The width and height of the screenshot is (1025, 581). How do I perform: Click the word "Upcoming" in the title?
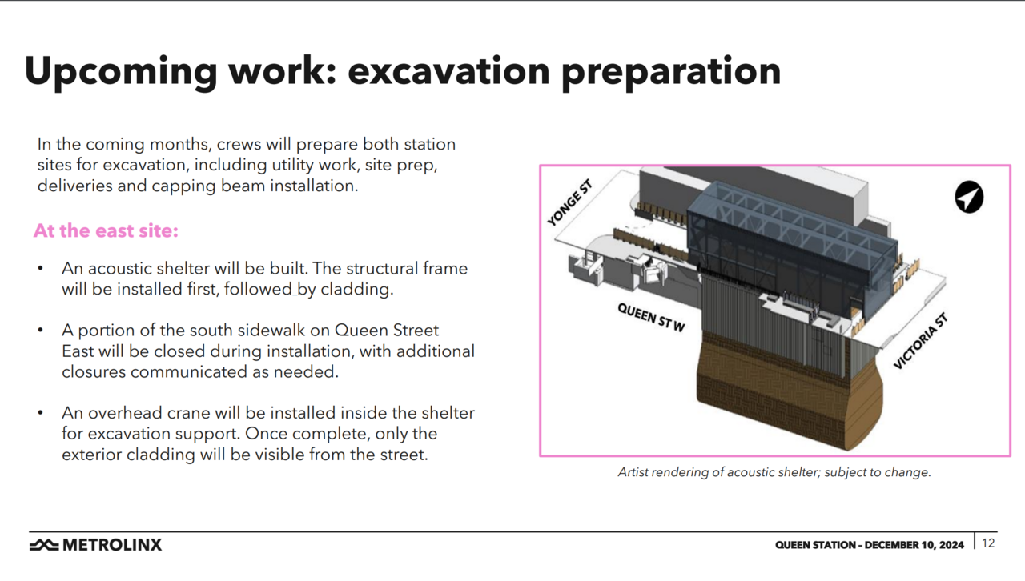pos(121,72)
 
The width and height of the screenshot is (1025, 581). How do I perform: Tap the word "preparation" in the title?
pos(671,73)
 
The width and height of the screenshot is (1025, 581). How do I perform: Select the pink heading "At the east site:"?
pos(106,230)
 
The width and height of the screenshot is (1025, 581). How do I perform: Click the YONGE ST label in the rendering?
pos(570,202)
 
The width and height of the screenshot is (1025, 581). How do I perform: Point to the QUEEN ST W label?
pos(651,317)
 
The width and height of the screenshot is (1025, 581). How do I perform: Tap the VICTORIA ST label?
pos(920,341)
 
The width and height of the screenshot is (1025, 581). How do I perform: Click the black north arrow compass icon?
pos(969,197)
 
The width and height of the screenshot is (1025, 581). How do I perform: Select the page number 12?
pos(988,543)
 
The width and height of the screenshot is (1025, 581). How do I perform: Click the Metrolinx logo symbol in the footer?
pos(44,545)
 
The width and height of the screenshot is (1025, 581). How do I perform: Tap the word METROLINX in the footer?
pos(112,545)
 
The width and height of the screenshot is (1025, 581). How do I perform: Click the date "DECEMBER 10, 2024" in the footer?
pos(914,545)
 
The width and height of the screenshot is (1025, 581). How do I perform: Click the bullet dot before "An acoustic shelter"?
pos(41,269)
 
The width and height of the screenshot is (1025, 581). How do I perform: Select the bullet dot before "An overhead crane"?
pos(41,413)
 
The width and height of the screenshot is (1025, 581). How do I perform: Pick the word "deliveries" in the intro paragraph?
pos(74,186)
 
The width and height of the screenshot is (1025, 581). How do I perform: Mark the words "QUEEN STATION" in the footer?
pos(815,545)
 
